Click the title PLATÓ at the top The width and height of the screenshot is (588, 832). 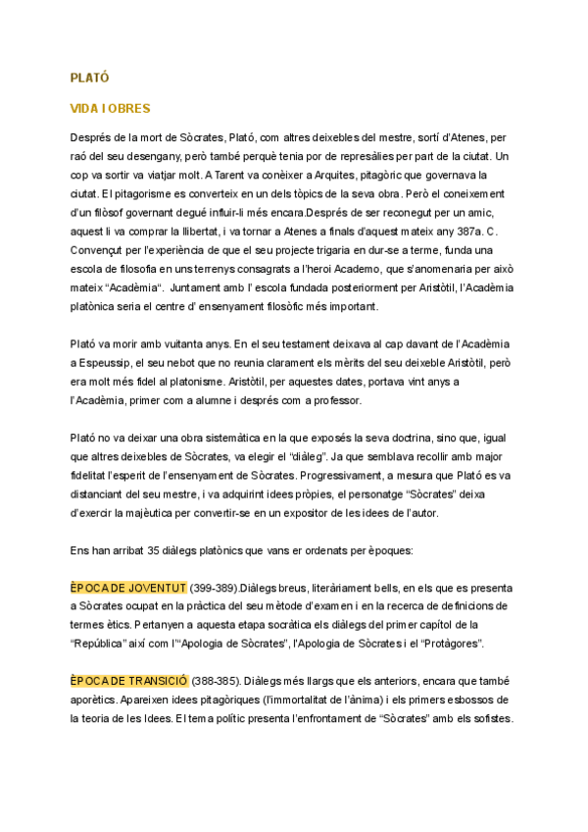(89, 78)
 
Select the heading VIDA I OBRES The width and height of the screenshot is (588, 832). (110, 108)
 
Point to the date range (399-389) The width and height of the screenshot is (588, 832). (219, 588)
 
